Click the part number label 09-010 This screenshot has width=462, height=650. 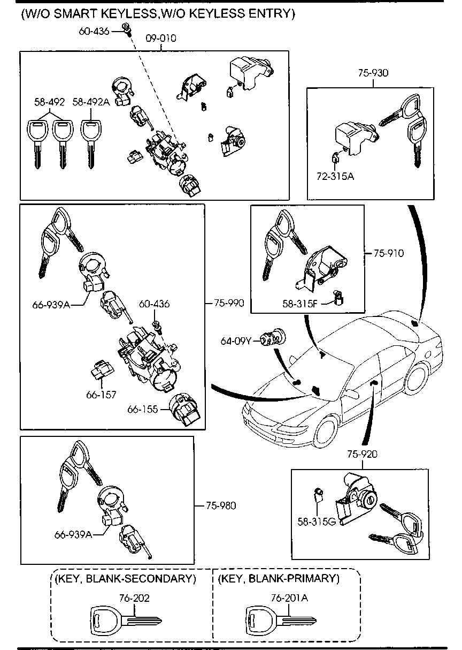[161, 38]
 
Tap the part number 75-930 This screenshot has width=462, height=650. [373, 73]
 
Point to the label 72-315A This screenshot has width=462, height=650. [335, 175]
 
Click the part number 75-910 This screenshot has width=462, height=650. [389, 253]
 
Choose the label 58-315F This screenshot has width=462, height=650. [300, 304]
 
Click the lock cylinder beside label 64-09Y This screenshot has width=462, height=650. [274, 339]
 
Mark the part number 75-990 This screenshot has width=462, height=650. [229, 303]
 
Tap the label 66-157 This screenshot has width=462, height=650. [101, 395]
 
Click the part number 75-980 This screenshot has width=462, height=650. [221, 505]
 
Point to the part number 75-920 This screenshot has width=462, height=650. [362, 454]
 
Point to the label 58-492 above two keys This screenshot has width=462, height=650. [49, 102]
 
